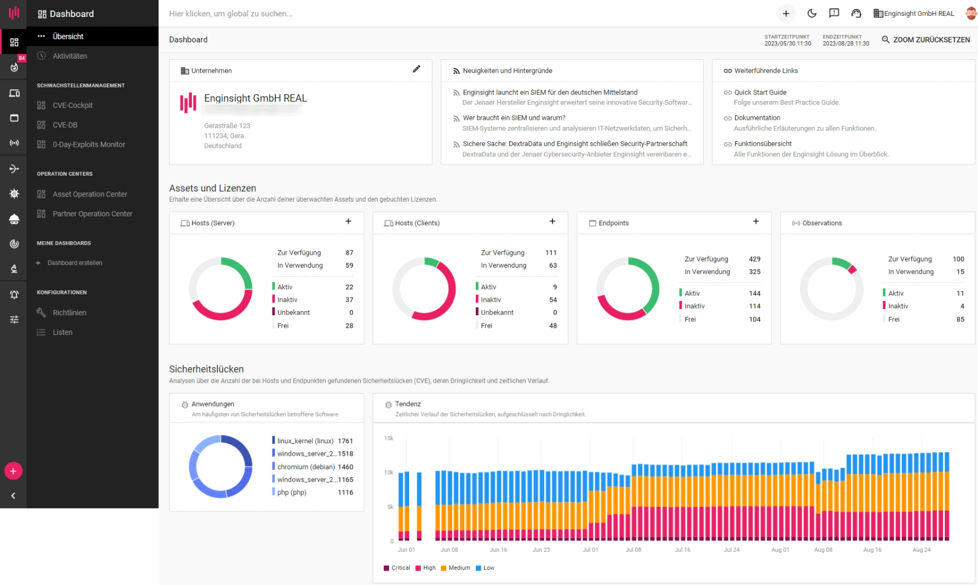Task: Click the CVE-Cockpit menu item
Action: [72, 105]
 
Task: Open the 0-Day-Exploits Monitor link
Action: [89, 145]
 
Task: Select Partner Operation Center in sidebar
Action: [92, 213]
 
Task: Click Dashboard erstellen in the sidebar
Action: [74, 263]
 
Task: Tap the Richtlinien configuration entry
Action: [69, 312]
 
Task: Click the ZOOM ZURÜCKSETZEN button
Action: [926, 40]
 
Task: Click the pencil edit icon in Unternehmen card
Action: [416, 69]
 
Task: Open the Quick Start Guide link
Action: [760, 92]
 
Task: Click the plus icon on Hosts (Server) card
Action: [348, 221]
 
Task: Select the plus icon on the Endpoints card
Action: [756, 221]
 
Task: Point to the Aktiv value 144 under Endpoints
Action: [755, 293]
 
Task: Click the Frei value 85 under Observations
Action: [960, 319]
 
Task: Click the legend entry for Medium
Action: [459, 567]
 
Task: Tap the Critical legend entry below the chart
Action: [400, 567]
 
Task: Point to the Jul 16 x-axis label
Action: [682, 549]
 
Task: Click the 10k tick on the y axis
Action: [388, 473]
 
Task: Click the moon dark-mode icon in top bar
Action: [812, 14]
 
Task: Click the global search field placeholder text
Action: [230, 14]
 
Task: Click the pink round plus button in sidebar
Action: [13, 471]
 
